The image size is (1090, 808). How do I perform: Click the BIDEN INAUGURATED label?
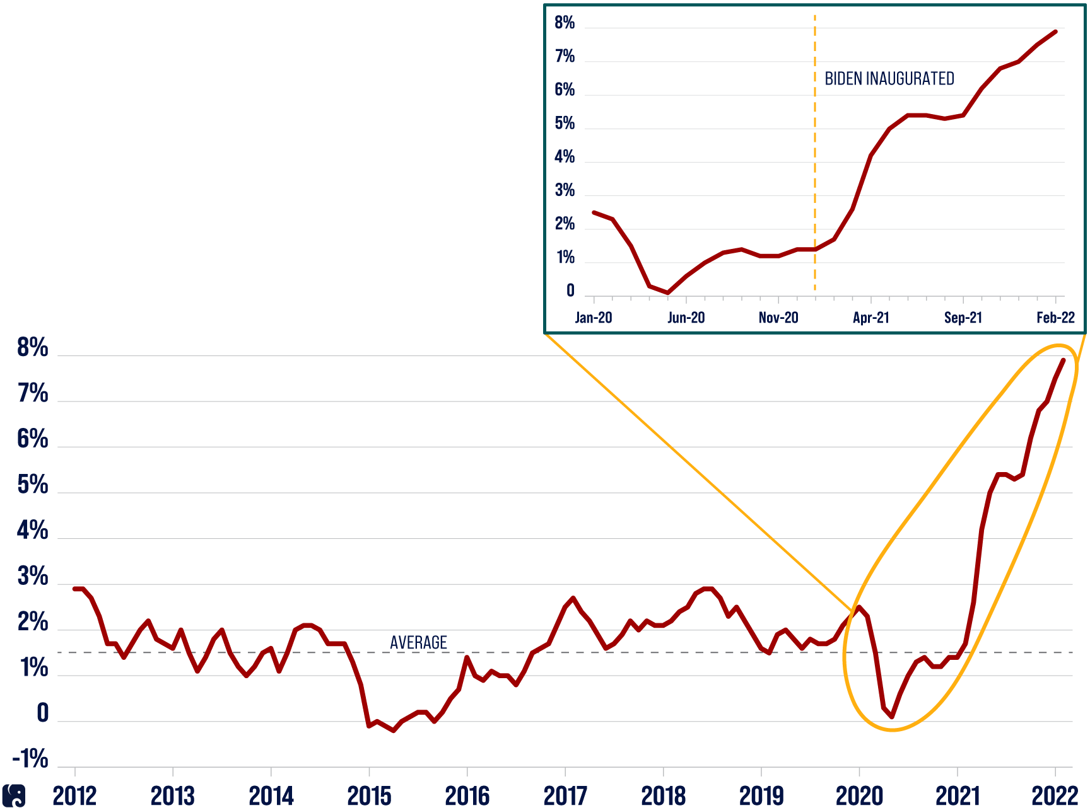pos(889,79)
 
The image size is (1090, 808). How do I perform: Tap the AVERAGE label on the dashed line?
pos(418,642)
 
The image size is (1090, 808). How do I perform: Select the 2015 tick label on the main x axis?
pos(369,796)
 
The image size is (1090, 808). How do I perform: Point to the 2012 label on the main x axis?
pos(74,796)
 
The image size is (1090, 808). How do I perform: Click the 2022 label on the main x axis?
pos(1055,796)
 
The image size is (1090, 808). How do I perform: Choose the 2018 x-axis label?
pos(663,796)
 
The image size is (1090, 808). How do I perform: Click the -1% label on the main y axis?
pos(30,759)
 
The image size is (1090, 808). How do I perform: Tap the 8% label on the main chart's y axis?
pos(33,347)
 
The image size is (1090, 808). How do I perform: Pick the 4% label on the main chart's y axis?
pos(33,531)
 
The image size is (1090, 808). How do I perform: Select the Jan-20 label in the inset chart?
pos(594,317)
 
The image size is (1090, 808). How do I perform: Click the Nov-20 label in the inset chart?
pos(778,317)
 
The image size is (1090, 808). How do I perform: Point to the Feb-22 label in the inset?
pos(1055,317)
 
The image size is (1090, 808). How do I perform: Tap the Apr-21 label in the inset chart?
pos(871,317)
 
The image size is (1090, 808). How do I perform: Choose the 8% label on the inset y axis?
pos(565,23)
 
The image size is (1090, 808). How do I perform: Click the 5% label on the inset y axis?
pos(565,124)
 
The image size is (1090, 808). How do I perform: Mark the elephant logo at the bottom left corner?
pos(14,795)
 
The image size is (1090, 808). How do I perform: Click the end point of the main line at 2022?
pos(1064,360)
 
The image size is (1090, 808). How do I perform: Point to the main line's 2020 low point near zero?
pos(892,717)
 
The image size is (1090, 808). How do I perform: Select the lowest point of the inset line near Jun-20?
pos(668,292)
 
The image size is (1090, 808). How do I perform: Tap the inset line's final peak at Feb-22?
pos(1055,32)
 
